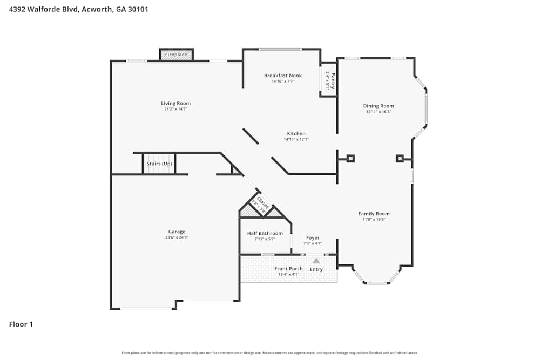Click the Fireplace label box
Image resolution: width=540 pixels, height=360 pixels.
[176, 55]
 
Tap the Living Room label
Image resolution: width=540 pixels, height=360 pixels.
[175, 103]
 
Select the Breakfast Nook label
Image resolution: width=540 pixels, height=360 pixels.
[283, 76]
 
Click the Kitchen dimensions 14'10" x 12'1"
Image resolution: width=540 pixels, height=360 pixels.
[296, 139]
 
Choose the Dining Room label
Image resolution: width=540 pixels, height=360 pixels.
[379, 106]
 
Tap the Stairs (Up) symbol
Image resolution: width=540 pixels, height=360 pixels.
[159, 164]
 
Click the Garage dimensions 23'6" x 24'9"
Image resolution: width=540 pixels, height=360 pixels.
[177, 237]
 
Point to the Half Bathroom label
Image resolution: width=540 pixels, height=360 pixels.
[265, 233]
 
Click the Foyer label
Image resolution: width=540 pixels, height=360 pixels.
[313, 237]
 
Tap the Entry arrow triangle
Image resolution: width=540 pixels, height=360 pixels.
[316, 261]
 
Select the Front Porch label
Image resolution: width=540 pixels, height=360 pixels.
[288, 268]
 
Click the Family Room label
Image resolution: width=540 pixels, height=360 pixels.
[374, 214]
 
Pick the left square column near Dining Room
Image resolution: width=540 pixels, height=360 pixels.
[350, 158]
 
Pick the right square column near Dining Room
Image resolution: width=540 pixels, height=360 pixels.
[400, 158]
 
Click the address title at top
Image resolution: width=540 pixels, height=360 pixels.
[79, 9]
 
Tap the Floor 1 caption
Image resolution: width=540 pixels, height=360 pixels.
[21, 324]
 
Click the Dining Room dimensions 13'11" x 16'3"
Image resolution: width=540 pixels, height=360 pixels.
[379, 112]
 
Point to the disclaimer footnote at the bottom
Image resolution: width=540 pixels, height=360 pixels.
[270, 353]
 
